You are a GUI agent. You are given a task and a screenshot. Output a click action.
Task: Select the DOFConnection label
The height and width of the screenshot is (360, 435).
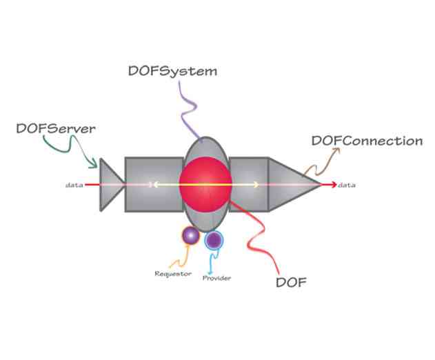click(x=367, y=141)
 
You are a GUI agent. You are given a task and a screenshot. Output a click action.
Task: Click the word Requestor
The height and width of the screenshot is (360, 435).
click(x=172, y=274)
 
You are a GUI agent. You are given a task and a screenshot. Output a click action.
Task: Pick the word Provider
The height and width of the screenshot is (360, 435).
click(x=216, y=278)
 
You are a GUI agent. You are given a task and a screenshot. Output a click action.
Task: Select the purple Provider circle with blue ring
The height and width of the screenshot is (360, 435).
click(x=214, y=240)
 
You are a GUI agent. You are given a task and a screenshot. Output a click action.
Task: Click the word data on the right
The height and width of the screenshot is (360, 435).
click(x=347, y=185)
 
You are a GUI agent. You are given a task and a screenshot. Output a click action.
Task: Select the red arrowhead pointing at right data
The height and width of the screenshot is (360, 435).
click(x=333, y=185)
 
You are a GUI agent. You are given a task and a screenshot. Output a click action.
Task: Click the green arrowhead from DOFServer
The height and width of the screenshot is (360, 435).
click(x=94, y=165)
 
